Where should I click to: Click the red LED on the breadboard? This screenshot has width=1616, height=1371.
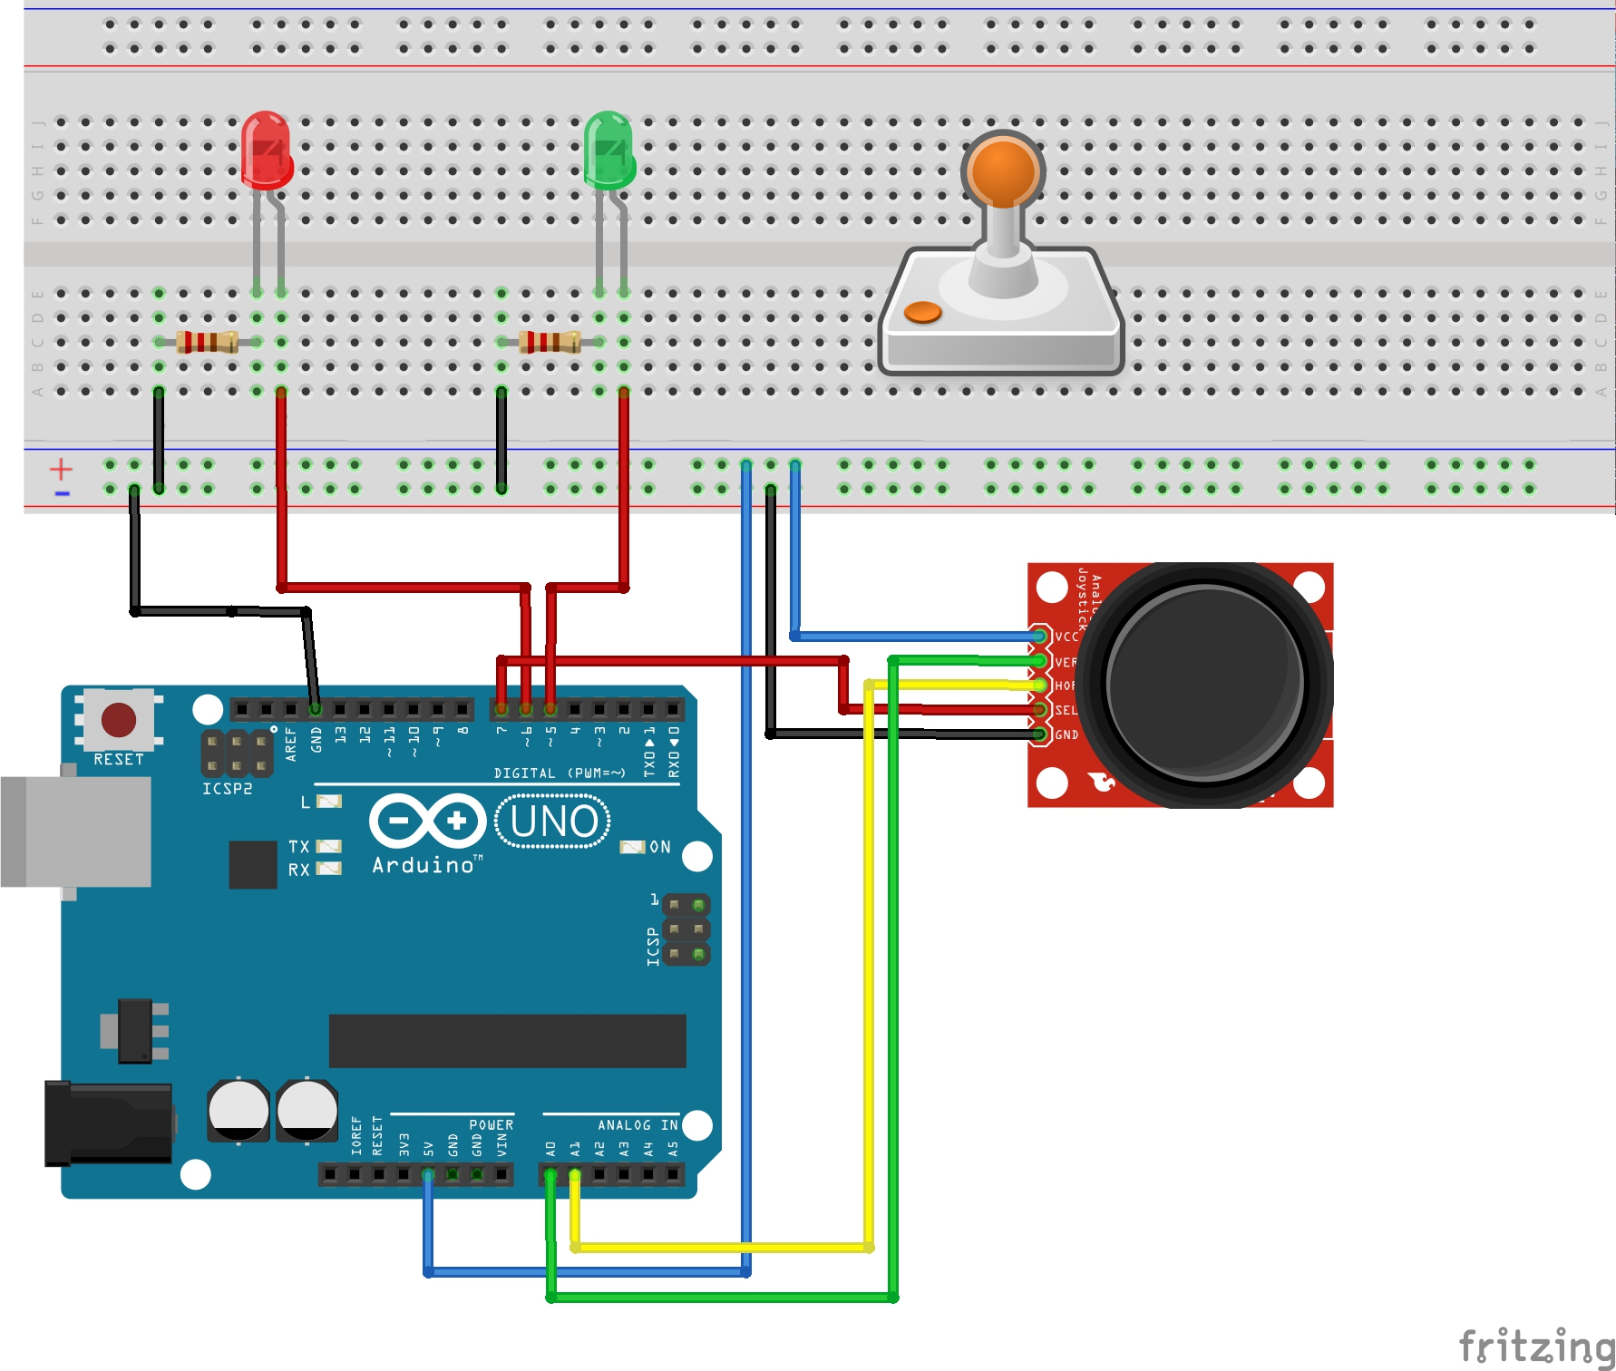coord(266,151)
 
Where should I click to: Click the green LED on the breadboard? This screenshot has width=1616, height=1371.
coord(608,151)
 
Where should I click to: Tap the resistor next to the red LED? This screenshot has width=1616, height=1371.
coord(207,342)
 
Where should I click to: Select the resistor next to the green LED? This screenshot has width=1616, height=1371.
coord(550,342)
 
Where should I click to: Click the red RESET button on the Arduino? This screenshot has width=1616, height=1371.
coord(119,720)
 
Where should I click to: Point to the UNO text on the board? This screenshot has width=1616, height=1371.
coord(553,822)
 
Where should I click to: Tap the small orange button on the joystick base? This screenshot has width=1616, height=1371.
coord(923,312)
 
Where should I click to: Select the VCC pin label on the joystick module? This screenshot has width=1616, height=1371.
coord(1066,637)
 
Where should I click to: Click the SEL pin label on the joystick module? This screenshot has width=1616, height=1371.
coord(1066,710)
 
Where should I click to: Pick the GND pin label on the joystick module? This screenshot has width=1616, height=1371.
coord(1066,734)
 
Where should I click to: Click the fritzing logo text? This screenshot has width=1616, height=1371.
coord(1535,1346)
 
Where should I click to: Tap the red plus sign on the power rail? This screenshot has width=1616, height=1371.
coord(61,469)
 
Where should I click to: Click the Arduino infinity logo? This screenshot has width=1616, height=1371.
coord(427,821)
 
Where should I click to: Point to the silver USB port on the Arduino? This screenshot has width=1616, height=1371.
coord(76,831)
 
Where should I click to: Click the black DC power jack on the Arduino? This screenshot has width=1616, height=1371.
coord(109,1123)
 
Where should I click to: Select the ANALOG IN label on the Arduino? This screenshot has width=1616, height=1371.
coord(638,1125)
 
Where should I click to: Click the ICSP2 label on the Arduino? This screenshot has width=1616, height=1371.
coord(227,789)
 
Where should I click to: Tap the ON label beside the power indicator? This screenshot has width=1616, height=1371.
coord(660,847)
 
